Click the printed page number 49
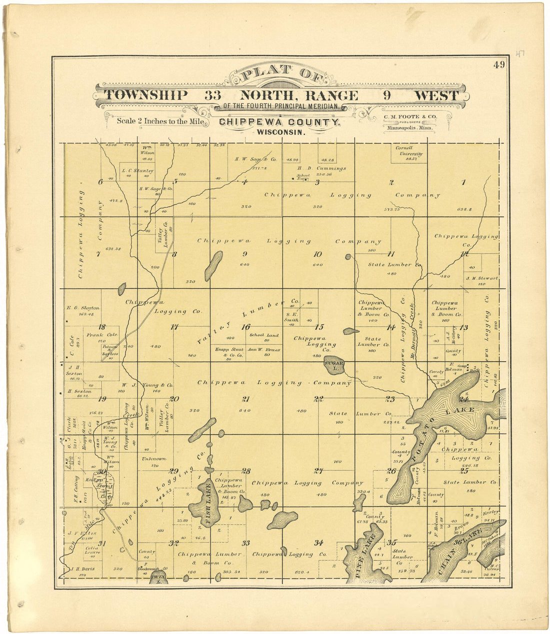(x=498, y=64)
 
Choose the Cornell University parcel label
(x=409, y=150)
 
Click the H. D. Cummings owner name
(x=325, y=168)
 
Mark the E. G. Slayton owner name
(x=83, y=308)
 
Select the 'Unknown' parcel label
(x=150, y=459)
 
